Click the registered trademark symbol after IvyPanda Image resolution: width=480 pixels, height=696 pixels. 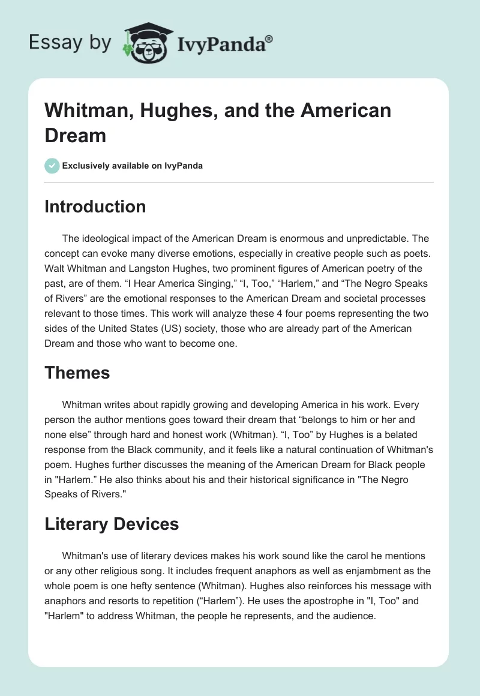(x=269, y=38)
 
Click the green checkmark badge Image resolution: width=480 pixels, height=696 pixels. (x=52, y=166)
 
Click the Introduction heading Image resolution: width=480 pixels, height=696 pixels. (x=95, y=206)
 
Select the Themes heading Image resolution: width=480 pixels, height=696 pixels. (x=77, y=373)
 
